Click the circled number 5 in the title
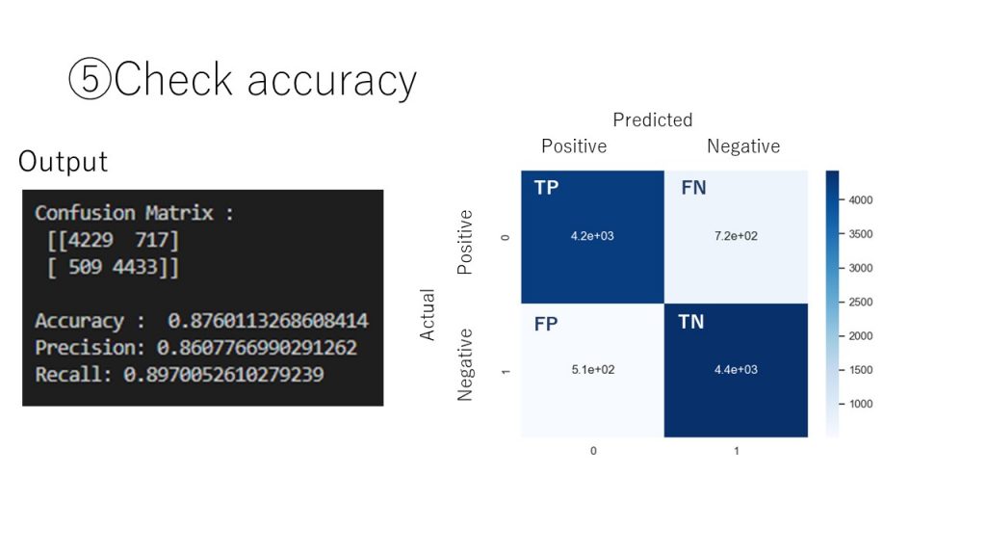tap(90, 79)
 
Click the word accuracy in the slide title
tap(332, 82)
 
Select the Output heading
tap(63, 161)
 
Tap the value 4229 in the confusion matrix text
tap(90, 240)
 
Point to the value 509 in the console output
tap(85, 267)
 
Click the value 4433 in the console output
tap(135, 267)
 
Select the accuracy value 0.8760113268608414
tap(268, 320)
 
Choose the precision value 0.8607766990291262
tap(256, 347)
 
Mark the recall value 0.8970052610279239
tap(223, 375)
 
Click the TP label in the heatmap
tap(546, 188)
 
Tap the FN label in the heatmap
tap(693, 188)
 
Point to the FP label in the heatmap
tap(546, 324)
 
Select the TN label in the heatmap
tap(691, 322)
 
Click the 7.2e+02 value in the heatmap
tap(736, 236)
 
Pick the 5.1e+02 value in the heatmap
tap(593, 369)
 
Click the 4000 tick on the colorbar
tap(860, 200)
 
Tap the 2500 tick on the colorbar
tap(860, 302)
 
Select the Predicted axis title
tap(653, 119)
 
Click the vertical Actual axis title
tap(427, 315)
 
